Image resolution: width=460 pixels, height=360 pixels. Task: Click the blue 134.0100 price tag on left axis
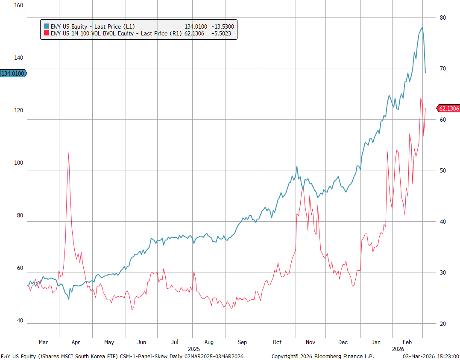[x=13, y=73]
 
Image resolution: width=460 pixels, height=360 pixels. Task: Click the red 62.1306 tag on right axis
[x=448, y=108]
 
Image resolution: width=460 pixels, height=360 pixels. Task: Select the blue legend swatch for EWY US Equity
[x=47, y=26]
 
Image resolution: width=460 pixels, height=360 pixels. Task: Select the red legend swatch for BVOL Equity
[x=47, y=33]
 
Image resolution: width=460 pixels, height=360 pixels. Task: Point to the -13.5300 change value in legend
[x=223, y=26]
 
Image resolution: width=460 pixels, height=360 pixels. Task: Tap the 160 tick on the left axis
[x=19, y=6]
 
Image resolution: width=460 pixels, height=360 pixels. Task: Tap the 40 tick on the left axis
[x=21, y=321]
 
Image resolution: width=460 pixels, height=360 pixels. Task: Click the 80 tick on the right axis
[x=442, y=18]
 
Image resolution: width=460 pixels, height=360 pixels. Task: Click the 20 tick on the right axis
[x=442, y=324]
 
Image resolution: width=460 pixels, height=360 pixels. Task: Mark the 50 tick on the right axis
[x=442, y=170]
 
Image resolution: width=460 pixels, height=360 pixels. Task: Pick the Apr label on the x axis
[x=76, y=342]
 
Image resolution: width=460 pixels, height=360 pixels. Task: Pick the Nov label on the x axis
[x=311, y=342]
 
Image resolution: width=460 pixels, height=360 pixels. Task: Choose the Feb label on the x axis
[x=407, y=342]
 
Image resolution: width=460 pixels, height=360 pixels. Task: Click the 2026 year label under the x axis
[x=398, y=348]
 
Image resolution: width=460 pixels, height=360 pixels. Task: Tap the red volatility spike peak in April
[x=68, y=153]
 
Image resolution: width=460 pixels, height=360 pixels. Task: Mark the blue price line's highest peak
[x=422, y=28]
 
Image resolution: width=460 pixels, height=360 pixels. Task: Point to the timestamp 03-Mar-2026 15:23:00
[x=431, y=356]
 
